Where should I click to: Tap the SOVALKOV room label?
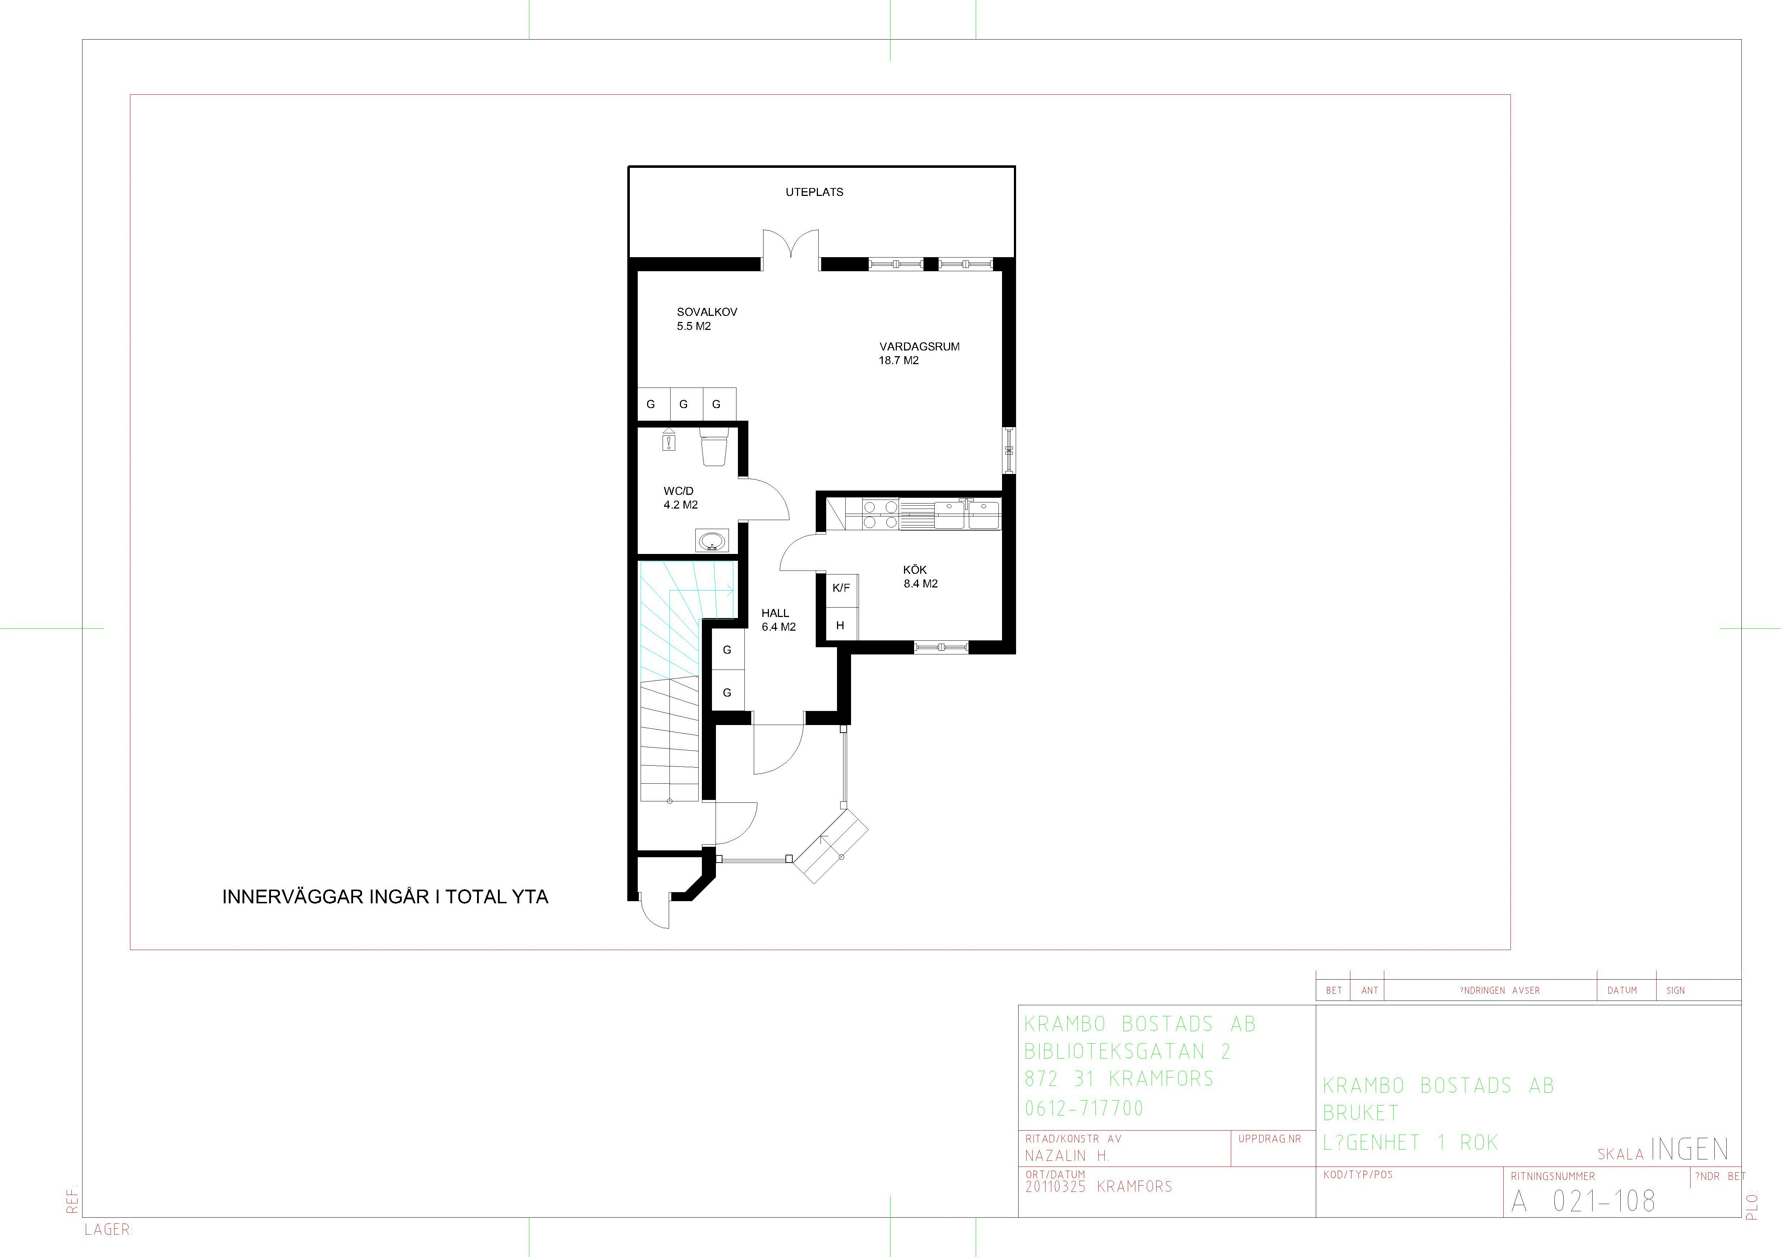coord(707,312)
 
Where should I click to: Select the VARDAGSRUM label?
coord(919,346)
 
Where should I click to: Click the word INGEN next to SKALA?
coord(1689,1149)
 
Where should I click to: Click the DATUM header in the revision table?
coord(1622,990)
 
